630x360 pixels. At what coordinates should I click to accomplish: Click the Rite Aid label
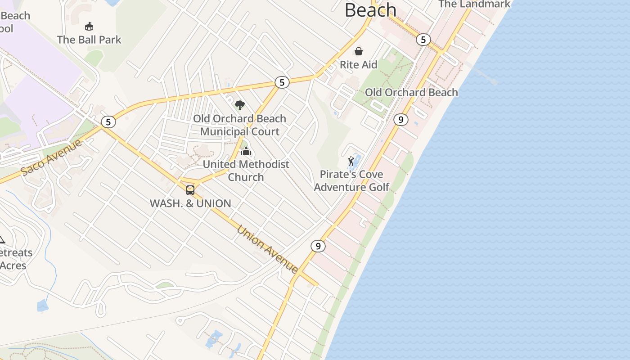358,65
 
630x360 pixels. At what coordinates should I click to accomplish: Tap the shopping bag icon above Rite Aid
359,51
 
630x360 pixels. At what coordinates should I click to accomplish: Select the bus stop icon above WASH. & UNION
190,190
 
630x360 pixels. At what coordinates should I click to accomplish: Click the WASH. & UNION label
190,203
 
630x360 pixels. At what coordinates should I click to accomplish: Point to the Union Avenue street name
267,249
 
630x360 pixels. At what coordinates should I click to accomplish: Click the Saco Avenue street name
52,157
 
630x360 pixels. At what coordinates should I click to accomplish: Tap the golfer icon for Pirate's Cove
351,161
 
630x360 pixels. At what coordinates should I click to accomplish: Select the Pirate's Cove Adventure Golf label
351,180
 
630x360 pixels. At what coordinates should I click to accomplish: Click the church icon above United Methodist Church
246,151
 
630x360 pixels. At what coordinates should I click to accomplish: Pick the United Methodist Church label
246,171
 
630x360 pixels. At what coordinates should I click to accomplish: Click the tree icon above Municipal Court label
240,106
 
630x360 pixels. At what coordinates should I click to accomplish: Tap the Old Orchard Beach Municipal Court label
240,125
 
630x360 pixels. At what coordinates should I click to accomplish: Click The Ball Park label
89,40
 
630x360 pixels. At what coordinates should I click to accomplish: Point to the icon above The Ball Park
89,26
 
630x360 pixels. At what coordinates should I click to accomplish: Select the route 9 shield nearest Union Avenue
318,246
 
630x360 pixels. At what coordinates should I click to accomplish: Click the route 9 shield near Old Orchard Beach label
400,120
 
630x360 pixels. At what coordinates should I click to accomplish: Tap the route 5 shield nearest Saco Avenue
108,122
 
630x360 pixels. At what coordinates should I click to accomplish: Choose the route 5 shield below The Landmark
423,40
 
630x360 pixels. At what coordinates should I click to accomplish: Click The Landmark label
474,4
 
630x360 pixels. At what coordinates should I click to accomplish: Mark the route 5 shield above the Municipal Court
282,82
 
